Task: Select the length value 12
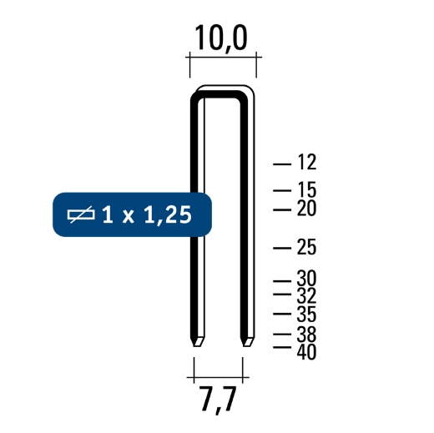(308, 163)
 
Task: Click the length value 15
(308, 191)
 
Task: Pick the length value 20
(308, 209)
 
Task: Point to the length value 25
(308, 247)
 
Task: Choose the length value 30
(308, 279)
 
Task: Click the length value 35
(308, 315)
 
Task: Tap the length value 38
(308, 335)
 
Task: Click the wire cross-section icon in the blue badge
(82, 215)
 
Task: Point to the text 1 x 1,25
(146, 215)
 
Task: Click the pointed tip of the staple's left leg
(198, 344)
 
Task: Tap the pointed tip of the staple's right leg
(245, 344)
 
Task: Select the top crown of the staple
(222, 93)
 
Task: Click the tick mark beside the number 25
(284, 247)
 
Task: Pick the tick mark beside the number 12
(284, 163)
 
